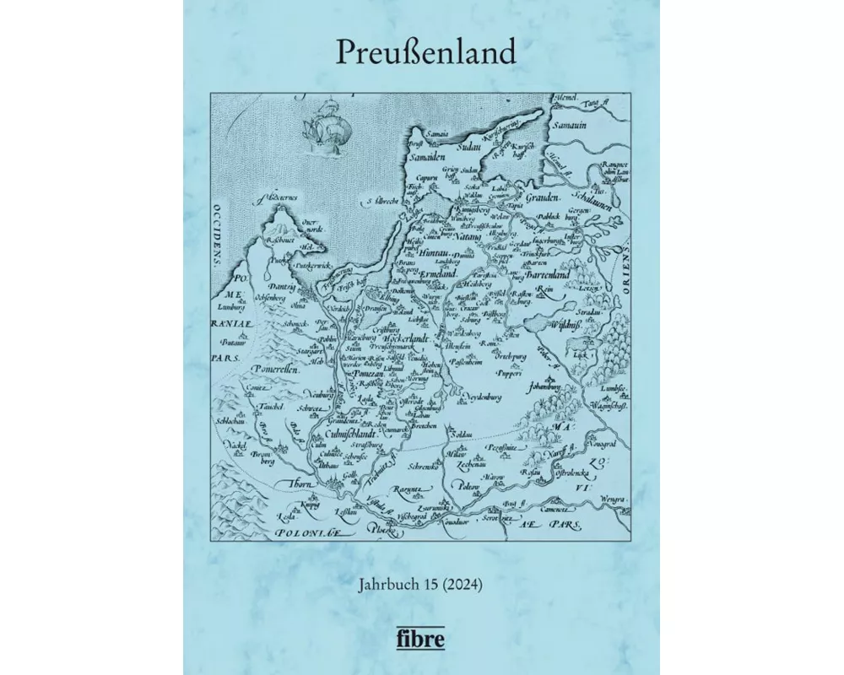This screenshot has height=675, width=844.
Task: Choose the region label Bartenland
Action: [x=538, y=274]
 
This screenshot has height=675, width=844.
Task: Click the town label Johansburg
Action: [x=544, y=388]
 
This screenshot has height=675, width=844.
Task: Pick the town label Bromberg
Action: [x=262, y=456]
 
